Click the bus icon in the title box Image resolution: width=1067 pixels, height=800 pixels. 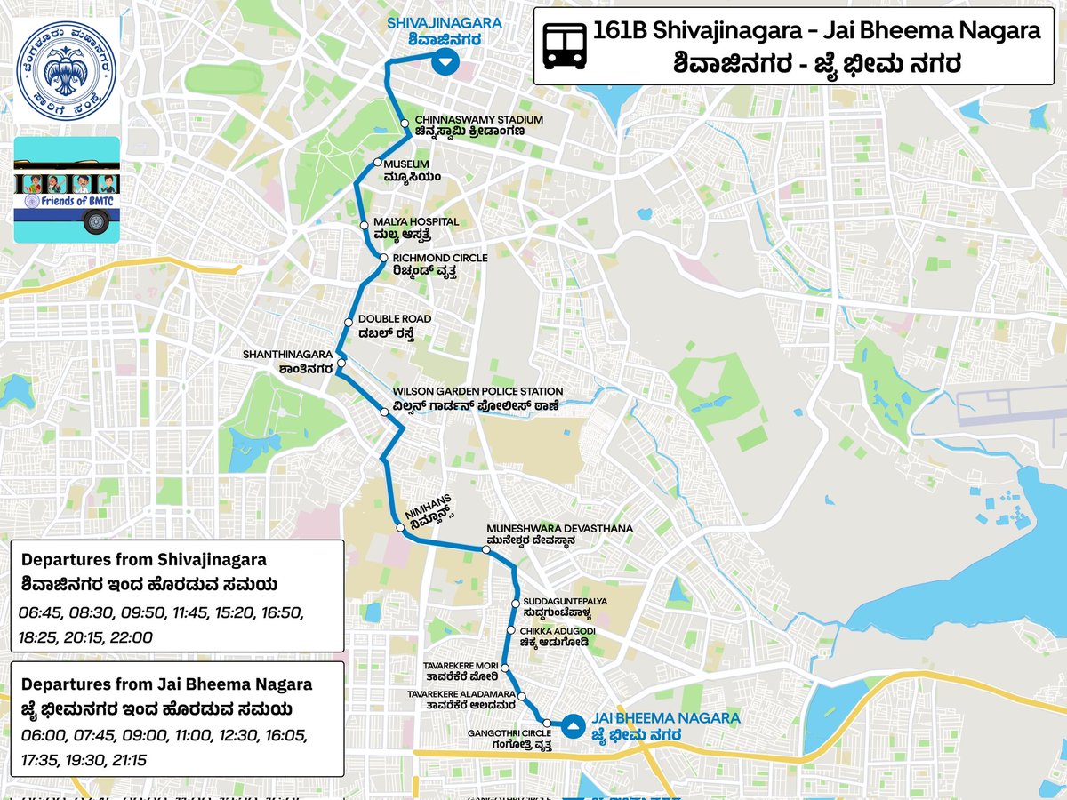click(565, 45)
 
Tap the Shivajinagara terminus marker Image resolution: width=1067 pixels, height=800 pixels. click(445, 62)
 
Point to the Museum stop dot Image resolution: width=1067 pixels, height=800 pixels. click(377, 163)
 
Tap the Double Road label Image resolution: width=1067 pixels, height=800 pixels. click(394, 325)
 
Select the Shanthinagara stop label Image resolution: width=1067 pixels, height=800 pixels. click(288, 361)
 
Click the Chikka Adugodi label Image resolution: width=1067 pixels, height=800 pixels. click(555, 636)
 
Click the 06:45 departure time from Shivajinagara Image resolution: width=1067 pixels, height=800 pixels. click(37, 613)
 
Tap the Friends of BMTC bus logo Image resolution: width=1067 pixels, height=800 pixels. click(67, 189)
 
